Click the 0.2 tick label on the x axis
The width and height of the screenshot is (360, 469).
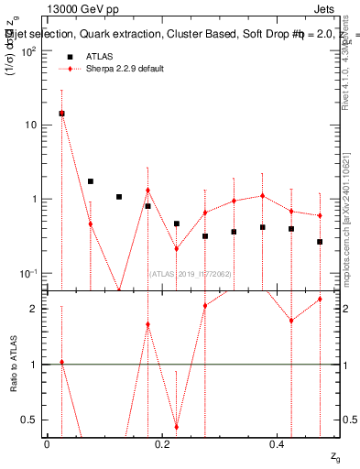[x=162, y=444]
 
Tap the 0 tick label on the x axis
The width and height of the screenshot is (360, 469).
[x=47, y=444]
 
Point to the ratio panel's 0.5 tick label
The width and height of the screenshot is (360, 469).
[x=30, y=420]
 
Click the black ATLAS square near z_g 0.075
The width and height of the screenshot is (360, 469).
[x=90, y=181]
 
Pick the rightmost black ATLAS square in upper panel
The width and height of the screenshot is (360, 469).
[x=320, y=242]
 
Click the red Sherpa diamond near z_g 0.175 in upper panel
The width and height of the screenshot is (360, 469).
[x=147, y=191]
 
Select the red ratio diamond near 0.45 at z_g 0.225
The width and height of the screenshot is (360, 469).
[x=176, y=427]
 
